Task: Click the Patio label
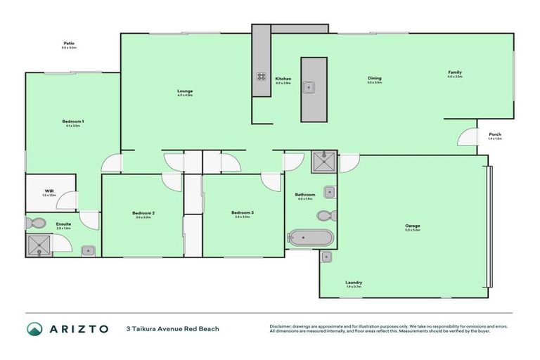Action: click(x=68, y=44)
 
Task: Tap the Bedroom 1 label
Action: click(x=73, y=122)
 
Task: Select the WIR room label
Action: click(x=49, y=191)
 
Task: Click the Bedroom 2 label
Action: click(x=143, y=213)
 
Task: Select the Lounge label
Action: click(x=185, y=91)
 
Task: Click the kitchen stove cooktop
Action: click(x=261, y=77)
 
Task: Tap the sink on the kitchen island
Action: click(x=309, y=87)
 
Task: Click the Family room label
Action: click(x=455, y=72)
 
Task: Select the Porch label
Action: click(x=495, y=134)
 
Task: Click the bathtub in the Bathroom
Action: click(x=309, y=238)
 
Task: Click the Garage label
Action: click(x=412, y=226)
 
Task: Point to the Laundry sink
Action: click(x=326, y=257)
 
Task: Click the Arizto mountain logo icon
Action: click(x=34, y=328)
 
